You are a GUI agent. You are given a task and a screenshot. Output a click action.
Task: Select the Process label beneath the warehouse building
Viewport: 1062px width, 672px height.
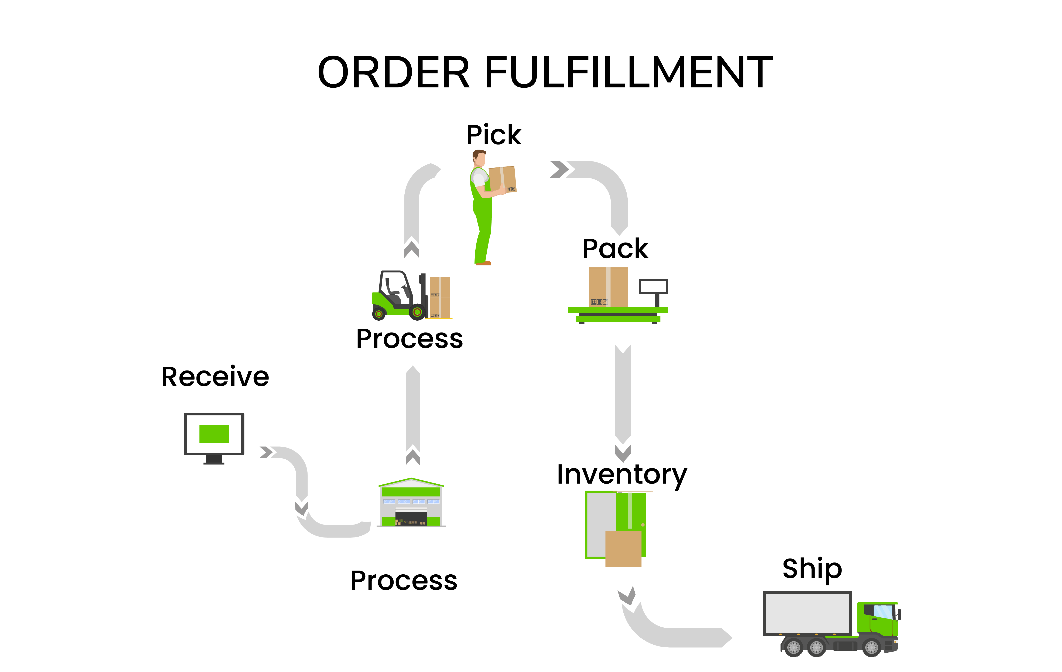(x=404, y=581)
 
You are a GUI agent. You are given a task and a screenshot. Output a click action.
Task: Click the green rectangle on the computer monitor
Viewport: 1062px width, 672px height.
(x=214, y=434)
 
